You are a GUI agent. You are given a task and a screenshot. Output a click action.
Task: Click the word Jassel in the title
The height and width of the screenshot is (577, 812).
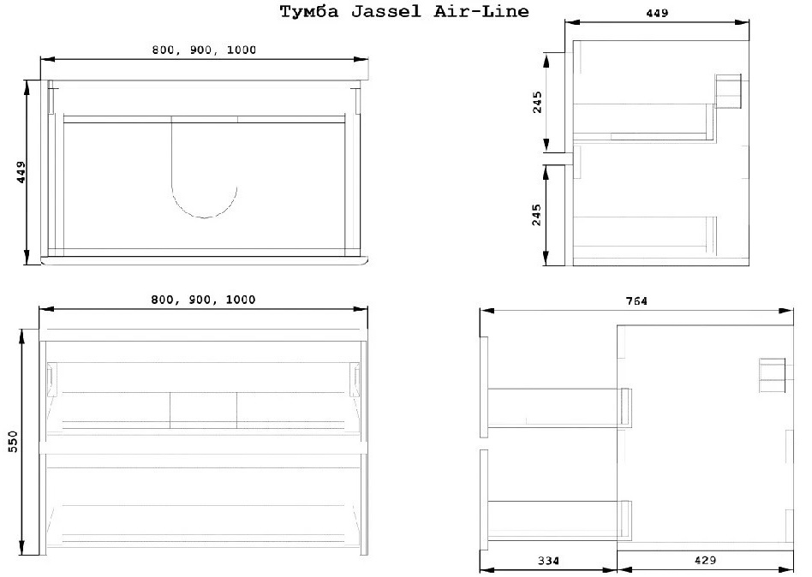385,11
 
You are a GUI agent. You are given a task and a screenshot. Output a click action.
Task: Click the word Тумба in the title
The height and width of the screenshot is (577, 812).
309,11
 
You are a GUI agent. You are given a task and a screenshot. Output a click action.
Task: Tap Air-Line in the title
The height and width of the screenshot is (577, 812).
481,11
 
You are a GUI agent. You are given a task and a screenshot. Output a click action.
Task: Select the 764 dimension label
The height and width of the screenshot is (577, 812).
636,300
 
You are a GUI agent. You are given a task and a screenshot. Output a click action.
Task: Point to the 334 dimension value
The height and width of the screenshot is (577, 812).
548,561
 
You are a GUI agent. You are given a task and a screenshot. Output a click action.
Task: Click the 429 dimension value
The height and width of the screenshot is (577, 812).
705,560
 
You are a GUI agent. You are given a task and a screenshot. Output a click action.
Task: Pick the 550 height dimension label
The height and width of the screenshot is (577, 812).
13,442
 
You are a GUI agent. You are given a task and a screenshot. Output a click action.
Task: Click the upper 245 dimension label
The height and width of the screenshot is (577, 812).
537,102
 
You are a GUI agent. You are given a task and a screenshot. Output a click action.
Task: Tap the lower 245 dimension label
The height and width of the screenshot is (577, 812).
536,215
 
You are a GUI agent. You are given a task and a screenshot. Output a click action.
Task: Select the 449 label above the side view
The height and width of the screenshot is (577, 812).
657,13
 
